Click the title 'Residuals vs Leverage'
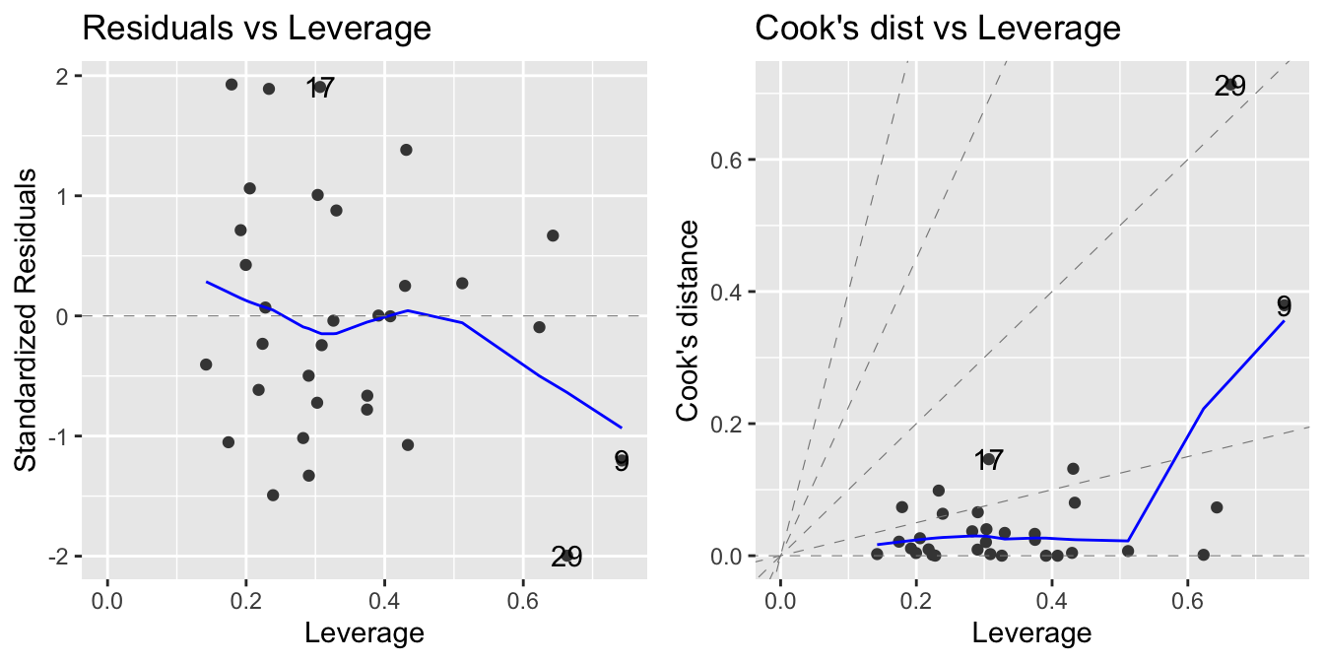click(x=256, y=29)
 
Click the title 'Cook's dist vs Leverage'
click(x=937, y=29)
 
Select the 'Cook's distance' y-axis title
click(x=689, y=320)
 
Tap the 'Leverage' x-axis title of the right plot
click(x=1031, y=631)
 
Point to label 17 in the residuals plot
click(x=320, y=89)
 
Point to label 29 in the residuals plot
click(x=566, y=558)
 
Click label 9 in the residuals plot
click(x=621, y=461)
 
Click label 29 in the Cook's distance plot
click(x=1229, y=87)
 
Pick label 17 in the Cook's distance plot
click(x=989, y=460)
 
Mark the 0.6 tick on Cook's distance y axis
click(x=729, y=160)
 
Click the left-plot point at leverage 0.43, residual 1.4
click(x=406, y=150)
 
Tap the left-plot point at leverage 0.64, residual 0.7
click(x=553, y=235)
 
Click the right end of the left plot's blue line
click(x=622, y=428)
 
